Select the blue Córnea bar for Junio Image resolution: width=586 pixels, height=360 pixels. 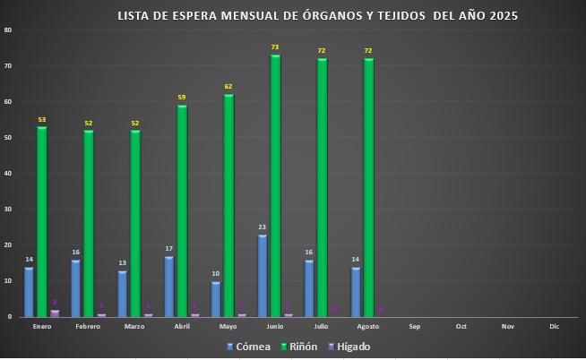click(x=262, y=275)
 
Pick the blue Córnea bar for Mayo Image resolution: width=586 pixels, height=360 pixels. click(x=215, y=298)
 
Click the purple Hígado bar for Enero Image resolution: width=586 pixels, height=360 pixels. click(x=55, y=313)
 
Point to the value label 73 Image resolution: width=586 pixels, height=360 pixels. click(x=275, y=47)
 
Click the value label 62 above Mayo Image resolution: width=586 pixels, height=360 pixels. click(x=228, y=86)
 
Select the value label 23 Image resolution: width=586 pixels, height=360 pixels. click(x=262, y=227)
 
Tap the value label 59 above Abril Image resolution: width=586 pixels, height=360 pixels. click(x=182, y=97)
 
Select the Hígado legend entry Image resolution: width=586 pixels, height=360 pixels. click(x=347, y=346)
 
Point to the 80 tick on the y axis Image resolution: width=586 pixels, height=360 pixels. click(x=8, y=30)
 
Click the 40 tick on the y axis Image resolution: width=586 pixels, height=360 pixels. click(x=8, y=173)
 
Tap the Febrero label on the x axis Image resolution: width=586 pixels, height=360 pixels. click(x=88, y=327)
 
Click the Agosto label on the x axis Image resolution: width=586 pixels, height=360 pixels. click(x=367, y=327)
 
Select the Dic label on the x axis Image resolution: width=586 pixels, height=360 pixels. click(x=554, y=327)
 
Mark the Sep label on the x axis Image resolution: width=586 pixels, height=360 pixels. click(x=414, y=327)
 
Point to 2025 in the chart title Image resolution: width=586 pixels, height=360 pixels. click(x=503, y=15)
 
